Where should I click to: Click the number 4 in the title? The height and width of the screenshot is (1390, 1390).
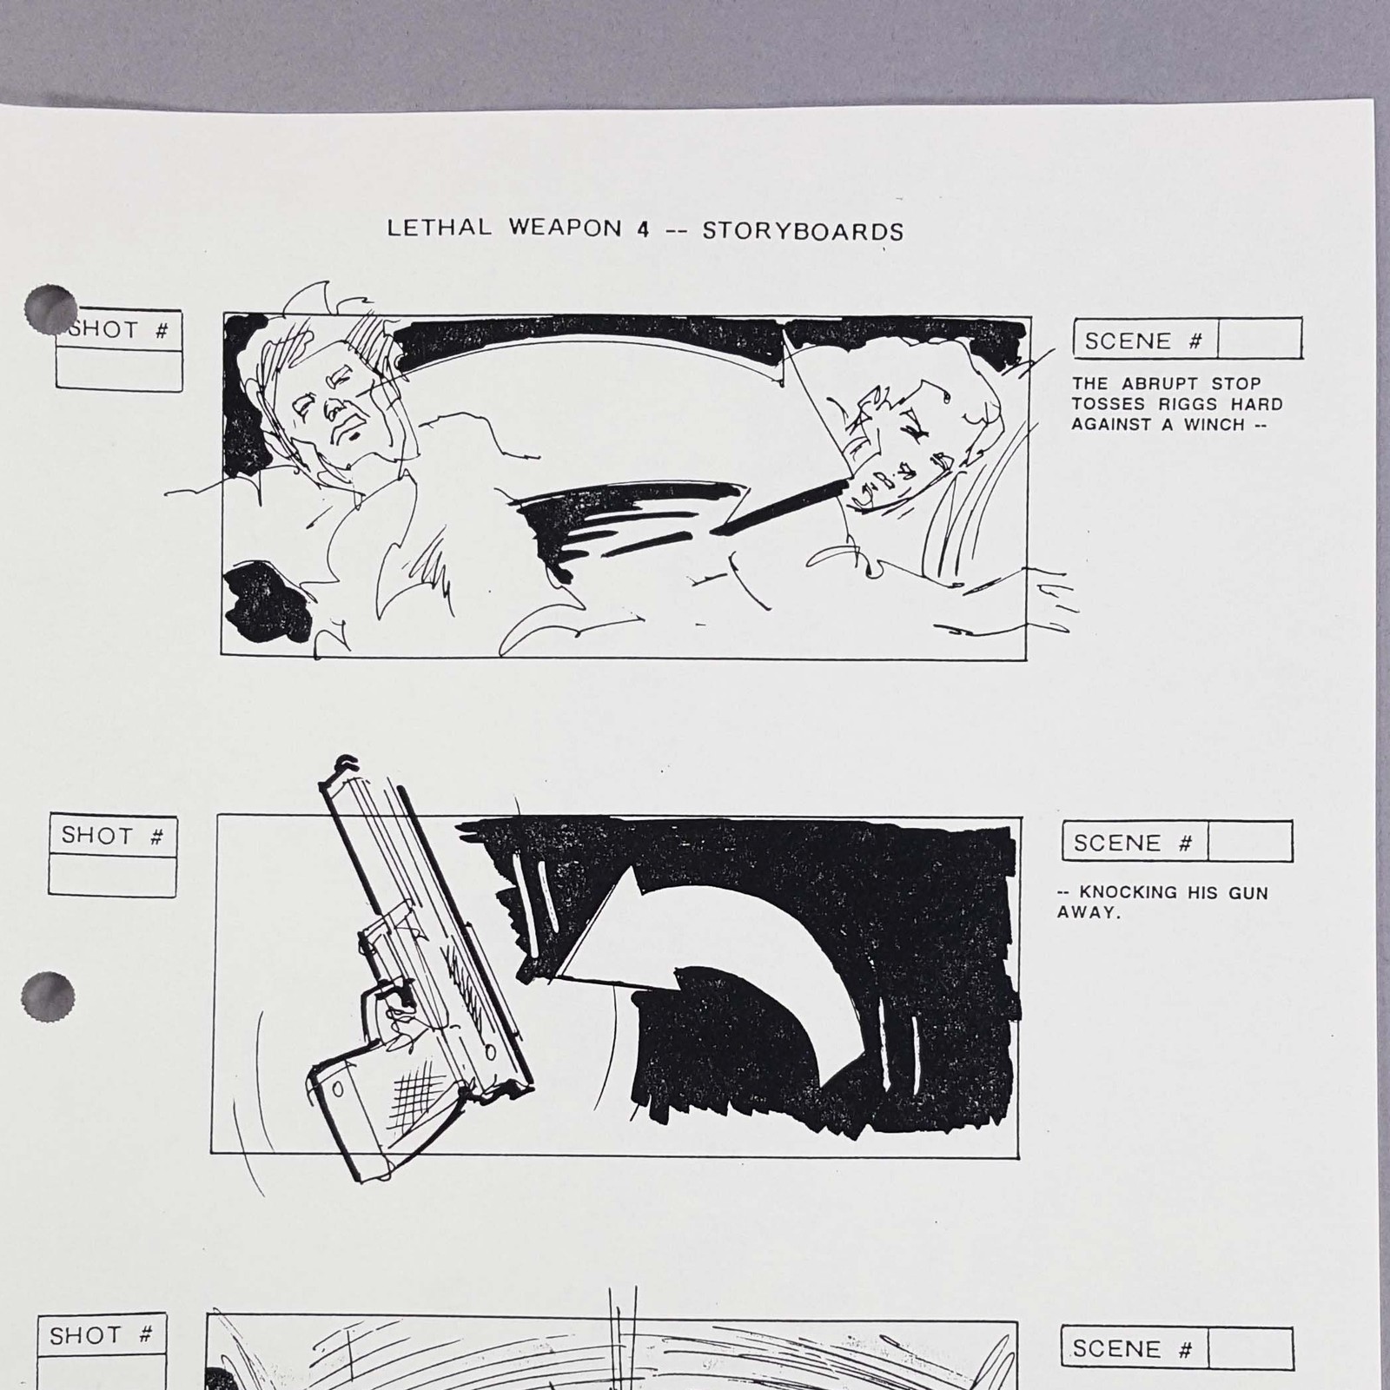(x=643, y=230)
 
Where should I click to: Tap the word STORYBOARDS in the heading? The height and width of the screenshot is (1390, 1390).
(x=804, y=232)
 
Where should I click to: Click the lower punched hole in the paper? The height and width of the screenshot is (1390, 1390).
(x=49, y=996)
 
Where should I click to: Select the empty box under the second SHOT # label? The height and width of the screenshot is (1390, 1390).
(x=113, y=877)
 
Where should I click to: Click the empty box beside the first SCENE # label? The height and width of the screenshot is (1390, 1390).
(x=1260, y=339)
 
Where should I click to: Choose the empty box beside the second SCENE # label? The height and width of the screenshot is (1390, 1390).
(x=1250, y=842)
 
